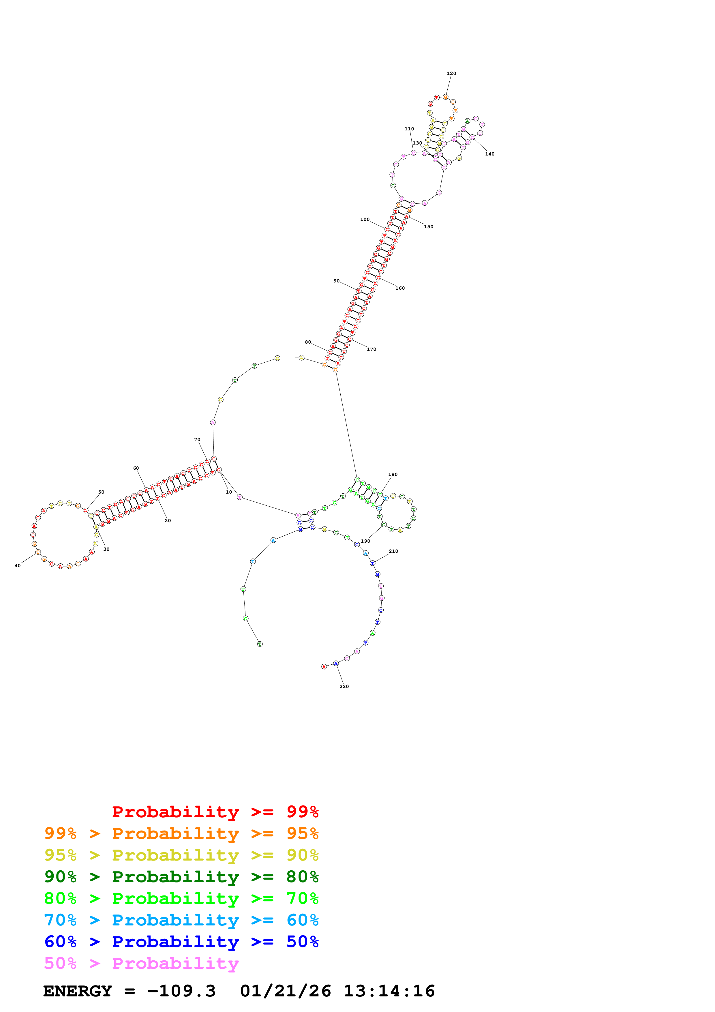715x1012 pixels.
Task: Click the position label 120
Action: pyautogui.click(x=451, y=74)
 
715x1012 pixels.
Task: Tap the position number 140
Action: pyautogui.click(x=489, y=154)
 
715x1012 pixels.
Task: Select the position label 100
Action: pyautogui.click(x=365, y=220)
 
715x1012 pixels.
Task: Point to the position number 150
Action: pyautogui.click(x=428, y=226)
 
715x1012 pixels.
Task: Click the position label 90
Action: pyautogui.click(x=337, y=281)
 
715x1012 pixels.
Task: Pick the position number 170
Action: pyautogui.click(x=371, y=349)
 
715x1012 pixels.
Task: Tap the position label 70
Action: pyautogui.click(x=197, y=439)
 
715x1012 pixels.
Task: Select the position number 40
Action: pyautogui.click(x=18, y=565)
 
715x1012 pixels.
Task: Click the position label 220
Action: pyautogui.click(x=344, y=686)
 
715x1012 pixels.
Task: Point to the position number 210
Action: pyautogui.click(x=393, y=551)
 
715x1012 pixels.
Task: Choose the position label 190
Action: pyautogui.click(x=365, y=541)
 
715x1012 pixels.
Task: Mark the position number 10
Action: pyautogui.click(x=229, y=492)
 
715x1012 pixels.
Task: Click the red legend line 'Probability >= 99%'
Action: pyautogui.click(x=215, y=812)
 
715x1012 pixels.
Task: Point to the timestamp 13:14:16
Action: pyautogui.click(x=389, y=991)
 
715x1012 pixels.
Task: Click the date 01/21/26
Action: pyautogui.click(x=286, y=991)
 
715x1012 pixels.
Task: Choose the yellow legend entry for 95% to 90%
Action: pyautogui.click(x=181, y=855)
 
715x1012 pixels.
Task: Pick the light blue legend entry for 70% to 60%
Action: pyautogui.click(x=181, y=920)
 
